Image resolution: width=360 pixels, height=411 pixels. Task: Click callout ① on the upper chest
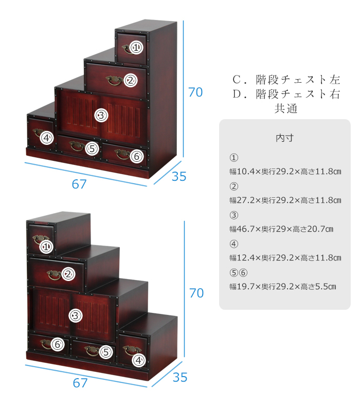pyautogui.click(x=136, y=47)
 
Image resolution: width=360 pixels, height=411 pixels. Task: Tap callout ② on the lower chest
pyautogui.click(x=68, y=274)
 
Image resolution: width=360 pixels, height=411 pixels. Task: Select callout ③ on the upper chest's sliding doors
pyautogui.click(x=101, y=115)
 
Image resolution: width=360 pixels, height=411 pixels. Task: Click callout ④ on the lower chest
pyautogui.click(x=139, y=360)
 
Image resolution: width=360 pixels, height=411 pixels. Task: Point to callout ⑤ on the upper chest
pyautogui.click(x=92, y=148)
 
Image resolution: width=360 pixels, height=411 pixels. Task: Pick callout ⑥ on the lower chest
pyautogui.click(x=58, y=344)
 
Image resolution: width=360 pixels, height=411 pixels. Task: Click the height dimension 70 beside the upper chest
pyautogui.click(x=195, y=92)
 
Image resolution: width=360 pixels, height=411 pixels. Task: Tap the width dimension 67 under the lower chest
pyautogui.click(x=80, y=383)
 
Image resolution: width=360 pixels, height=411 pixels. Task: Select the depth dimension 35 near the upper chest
pyautogui.click(x=179, y=176)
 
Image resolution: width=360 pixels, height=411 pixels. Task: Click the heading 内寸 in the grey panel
pyautogui.click(x=285, y=138)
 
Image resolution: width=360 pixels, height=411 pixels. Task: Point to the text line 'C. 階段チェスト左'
pyautogui.click(x=286, y=80)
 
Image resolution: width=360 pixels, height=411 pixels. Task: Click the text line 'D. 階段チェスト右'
pyautogui.click(x=286, y=94)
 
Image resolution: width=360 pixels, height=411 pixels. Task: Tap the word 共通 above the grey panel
pyautogui.click(x=286, y=108)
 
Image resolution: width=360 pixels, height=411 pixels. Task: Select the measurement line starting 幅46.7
pyautogui.click(x=281, y=229)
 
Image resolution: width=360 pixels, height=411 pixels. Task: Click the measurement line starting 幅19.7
pyautogui.click(x=282, y=287)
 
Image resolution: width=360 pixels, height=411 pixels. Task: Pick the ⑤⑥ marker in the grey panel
pyautogui.click(x=239, y=273)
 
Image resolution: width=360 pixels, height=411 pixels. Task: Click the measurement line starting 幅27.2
pyautogui.click(x=285, y=200)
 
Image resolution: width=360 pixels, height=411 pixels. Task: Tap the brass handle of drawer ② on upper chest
pyautogui.click(x=114, y=81)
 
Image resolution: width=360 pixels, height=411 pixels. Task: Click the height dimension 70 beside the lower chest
pyautogui.click(x=196, y=293)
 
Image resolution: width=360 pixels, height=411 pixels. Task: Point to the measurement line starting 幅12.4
pyautogui.click(x=285, y=258)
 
